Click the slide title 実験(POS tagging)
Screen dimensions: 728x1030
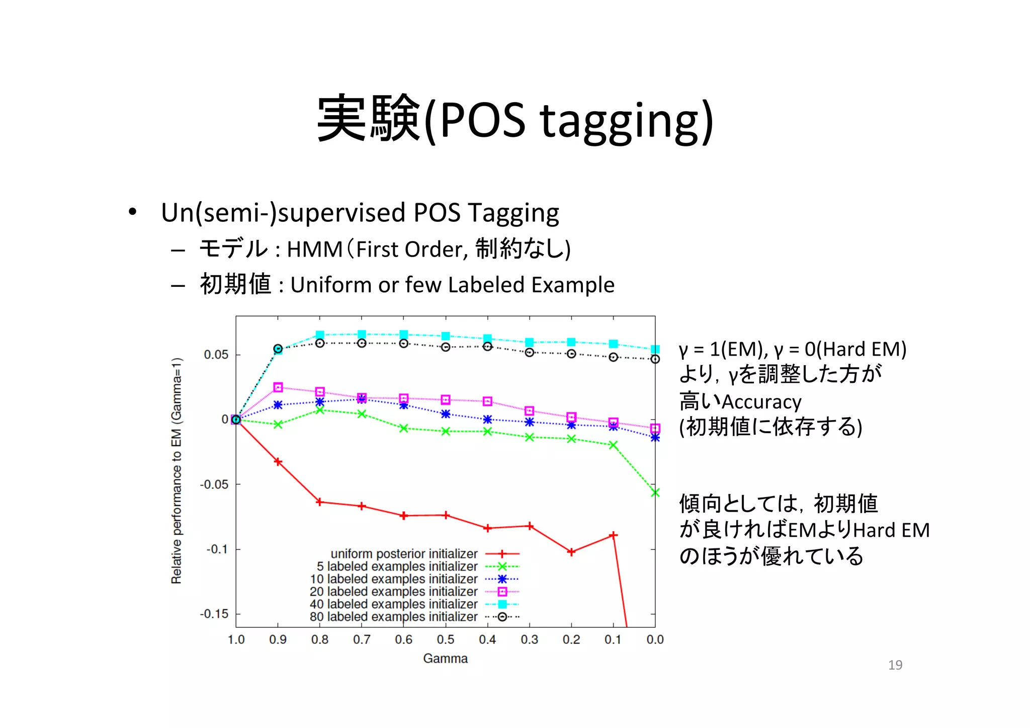(514, 120)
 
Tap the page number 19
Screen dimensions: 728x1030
(895, 665)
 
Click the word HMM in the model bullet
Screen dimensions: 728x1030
(314, 250)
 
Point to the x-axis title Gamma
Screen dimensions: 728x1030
(445, 658)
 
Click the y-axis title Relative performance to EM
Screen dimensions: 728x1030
(177, 470)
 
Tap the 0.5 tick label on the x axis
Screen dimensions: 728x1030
(445, 639)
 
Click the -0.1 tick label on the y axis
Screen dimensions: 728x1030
(217, 549)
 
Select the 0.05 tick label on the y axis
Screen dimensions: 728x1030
(216, 355)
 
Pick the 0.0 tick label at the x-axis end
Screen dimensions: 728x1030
(655, 639)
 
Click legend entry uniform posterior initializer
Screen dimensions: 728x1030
(404, 553)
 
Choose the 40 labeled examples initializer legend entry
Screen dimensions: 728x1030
(394, 604)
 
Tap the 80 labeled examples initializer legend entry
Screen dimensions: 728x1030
(394, 616)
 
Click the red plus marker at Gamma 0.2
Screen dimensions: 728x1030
(571, 552)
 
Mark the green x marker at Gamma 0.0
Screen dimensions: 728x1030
(655, 493)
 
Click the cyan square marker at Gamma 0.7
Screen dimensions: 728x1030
(362, 335)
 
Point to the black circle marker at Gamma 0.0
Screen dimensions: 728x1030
(655, 359)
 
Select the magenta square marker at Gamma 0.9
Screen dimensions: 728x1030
(278, 387)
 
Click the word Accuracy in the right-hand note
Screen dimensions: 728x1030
(761, 402)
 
